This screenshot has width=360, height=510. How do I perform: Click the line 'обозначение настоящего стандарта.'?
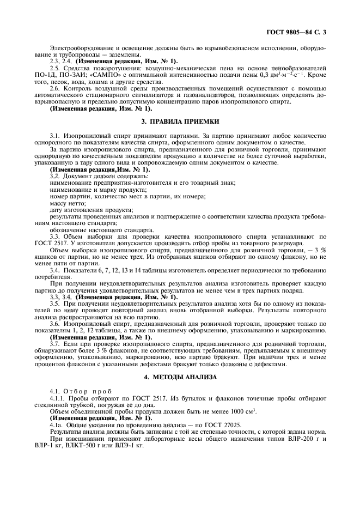93,229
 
